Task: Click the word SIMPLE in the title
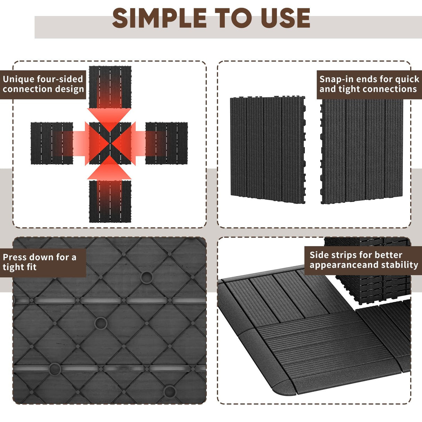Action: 160,18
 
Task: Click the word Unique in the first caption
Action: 18,79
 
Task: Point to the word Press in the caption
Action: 14,257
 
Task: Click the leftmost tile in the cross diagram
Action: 49,143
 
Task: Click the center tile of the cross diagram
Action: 110,143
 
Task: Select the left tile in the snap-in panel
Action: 267,149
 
